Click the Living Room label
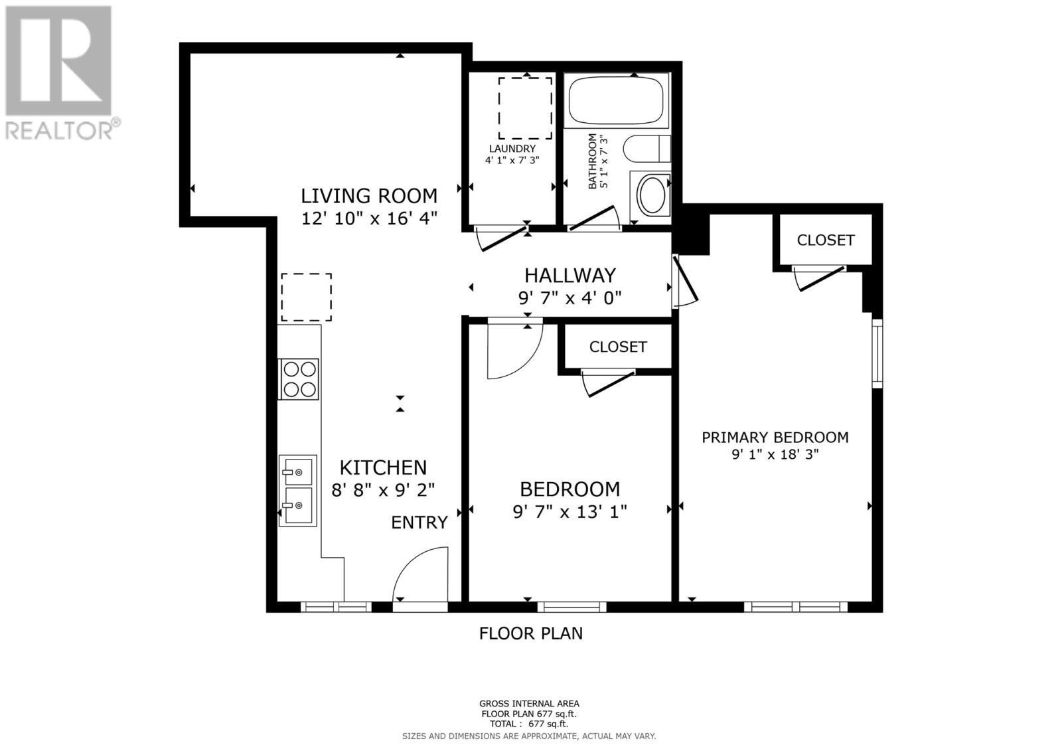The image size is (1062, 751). pos(369,196)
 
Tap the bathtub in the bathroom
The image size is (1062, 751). pos(617,101)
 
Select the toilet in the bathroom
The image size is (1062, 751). pos(647,149)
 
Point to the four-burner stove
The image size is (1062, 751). pos(299,379)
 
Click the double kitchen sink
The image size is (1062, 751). pos(297,490)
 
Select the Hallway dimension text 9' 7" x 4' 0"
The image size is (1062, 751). pos(569,297)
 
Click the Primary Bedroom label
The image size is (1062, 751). pos(775,437)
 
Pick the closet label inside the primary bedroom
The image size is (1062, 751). pos(825,240)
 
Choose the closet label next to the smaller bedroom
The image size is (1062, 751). pos(617,347)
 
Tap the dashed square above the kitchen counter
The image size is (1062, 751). pos(306,297)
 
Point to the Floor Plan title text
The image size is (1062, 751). pos(530,633)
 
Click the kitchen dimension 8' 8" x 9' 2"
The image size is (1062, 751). pos(383,490)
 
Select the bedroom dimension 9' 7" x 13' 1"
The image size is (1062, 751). pos(569,512)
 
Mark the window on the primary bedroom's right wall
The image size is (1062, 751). pos(877,353)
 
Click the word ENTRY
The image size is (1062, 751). pos(419,523)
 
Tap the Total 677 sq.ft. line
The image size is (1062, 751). pos(529,724)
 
